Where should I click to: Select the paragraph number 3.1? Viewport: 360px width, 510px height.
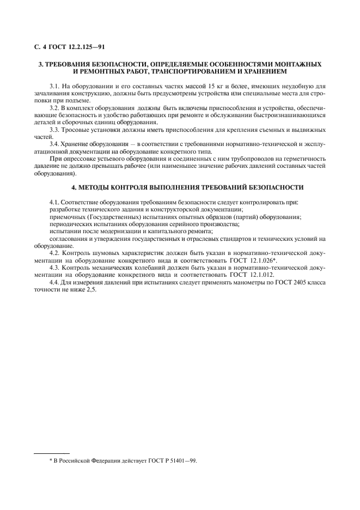click(x=55, y=86)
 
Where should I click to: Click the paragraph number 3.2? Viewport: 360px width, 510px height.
click(x=55, y=108)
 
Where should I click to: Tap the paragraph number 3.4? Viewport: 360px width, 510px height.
click(x=55, y=144)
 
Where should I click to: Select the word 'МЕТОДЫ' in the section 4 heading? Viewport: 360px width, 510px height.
click(x=100, y=187)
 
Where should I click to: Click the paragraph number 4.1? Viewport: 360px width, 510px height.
click(x=55, y=202)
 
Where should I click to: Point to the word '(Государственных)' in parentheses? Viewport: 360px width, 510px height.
click(x=104, y=217)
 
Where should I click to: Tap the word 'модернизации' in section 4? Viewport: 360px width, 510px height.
click(x=113, y=231)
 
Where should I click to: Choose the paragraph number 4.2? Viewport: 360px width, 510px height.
click(x=55, y=253)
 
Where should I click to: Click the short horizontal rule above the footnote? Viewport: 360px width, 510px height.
click(x=52, y=453)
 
